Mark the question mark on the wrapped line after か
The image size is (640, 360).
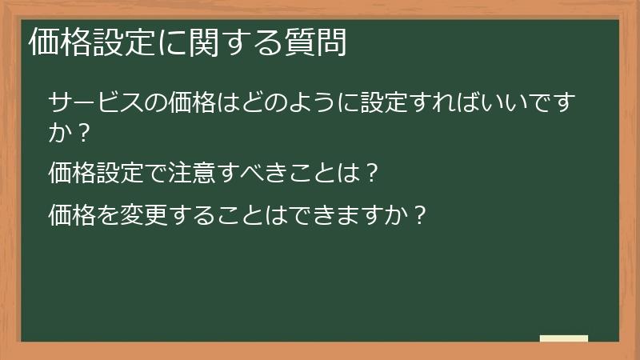coord(81,133)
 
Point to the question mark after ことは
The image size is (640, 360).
coord(370,172)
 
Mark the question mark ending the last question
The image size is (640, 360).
coord(413,214)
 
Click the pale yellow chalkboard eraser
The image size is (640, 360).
coord(564,338)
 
